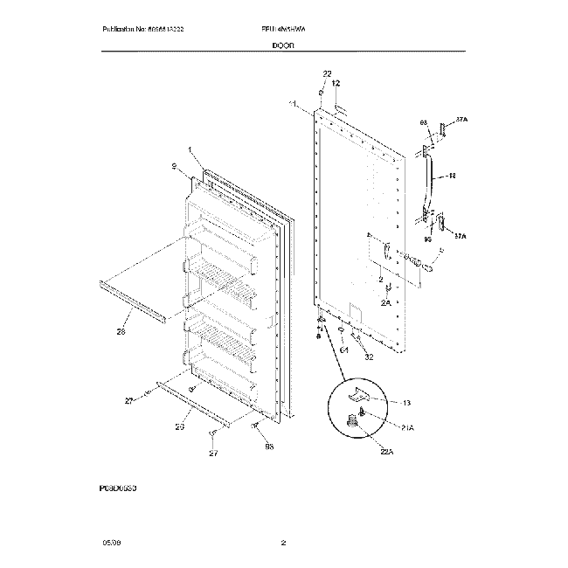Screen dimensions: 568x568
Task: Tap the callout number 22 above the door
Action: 327,73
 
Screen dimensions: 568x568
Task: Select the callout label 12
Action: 336,83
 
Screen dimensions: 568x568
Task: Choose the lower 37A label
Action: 461,235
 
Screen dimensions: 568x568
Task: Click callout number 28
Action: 120,331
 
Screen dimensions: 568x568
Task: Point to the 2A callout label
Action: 385,302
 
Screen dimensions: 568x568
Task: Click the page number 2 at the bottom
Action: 283,544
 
